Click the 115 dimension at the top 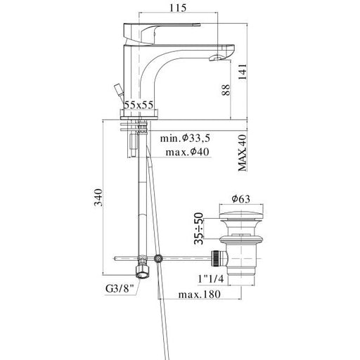coord(178,8)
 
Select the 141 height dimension coord(243,72)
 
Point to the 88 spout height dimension coord(226,90)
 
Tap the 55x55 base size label coord(139,105)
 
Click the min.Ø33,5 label coord(185,138)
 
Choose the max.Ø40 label coord(187,152)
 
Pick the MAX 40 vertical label coord(243,153)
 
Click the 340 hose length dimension coord(98,197)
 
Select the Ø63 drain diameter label coord(241,199)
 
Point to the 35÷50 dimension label coord(199,229)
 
